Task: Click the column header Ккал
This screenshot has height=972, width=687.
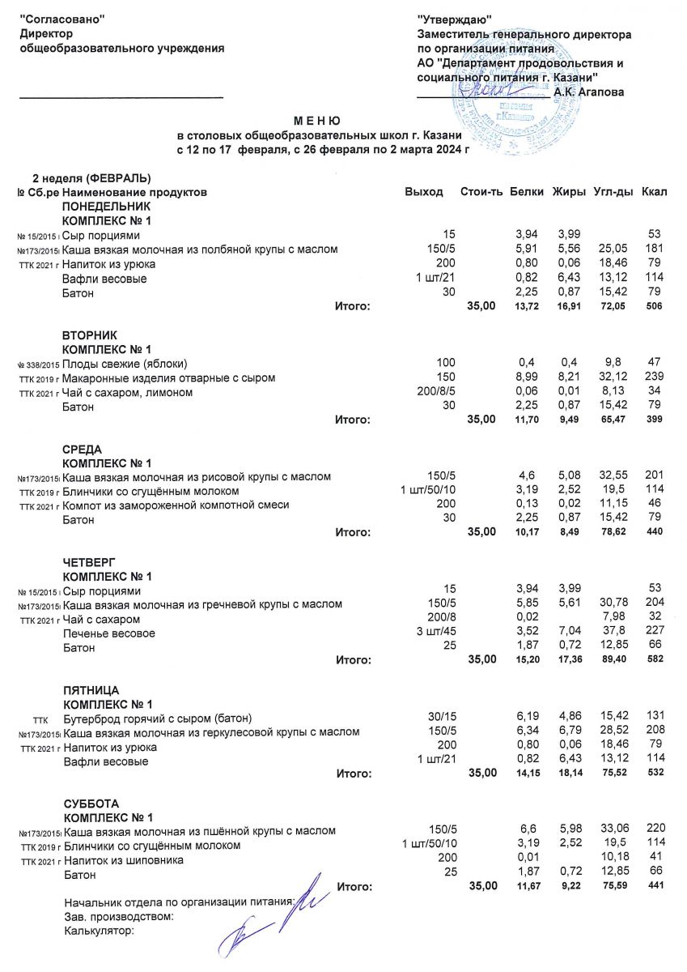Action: pyautogui.click(x=652, y=192)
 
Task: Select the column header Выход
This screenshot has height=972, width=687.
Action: pyautogui.click(x=424, y=192)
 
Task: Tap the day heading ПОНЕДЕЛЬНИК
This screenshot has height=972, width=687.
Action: pyautogui.click(x=106, y=207)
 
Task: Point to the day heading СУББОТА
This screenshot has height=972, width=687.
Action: pyautogui.click(x=91, y=803)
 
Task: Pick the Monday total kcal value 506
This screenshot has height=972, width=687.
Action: pyautogui.click(x=655, y=306)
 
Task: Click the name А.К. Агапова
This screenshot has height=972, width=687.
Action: pyautogui.click(x=589, y=92)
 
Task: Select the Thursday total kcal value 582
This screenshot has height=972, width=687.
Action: pyautogui.click(x=655, y=660)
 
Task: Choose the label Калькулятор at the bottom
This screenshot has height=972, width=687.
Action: pyautogui.click(x=98, y=930)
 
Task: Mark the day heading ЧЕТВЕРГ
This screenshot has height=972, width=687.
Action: pyautogui.click(x=89, y=562)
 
